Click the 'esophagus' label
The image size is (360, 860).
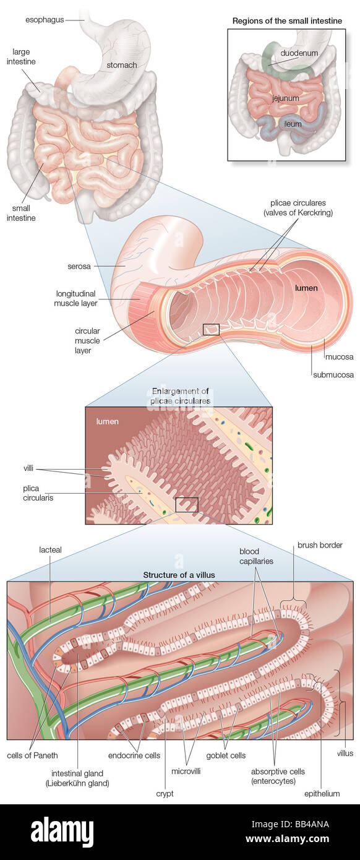tap(44, 20)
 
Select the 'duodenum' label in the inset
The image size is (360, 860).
tap(299, 53)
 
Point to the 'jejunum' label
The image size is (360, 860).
tap(285, 98)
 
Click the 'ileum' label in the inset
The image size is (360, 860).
tap(293, 124)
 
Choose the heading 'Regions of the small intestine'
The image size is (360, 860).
tap(287, 21)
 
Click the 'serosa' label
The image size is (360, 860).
tap(79, 267)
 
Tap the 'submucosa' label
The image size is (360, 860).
tap(333, 374)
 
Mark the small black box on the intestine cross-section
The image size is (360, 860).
tap(211, 329)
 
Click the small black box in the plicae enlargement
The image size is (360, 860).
tap(186, 505)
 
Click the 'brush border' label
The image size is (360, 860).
tap(320, 545)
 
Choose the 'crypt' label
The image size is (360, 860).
tap(165, 794)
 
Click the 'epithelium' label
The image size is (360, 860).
tap(322, 794)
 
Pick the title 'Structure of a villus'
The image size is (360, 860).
tap(179, 575)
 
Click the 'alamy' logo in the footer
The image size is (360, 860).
tap(62, 832)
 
